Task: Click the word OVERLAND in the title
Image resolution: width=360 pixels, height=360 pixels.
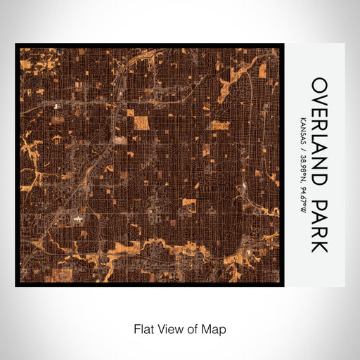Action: pyautogui.click(x=319, y=131)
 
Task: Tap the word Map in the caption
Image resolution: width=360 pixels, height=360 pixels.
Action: pyautogui.click(x=216, y=328)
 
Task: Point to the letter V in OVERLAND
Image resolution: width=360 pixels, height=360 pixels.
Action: pyautogui.click(x=319, y=97)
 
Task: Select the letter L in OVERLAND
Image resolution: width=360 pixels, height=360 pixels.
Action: pyautogui.click(x=319, y=137)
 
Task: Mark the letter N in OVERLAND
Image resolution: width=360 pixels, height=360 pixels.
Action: pyautogui.click(x=319, y=165)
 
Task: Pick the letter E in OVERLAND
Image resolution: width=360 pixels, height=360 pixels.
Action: pyautogui.click(x=319, y=110)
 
